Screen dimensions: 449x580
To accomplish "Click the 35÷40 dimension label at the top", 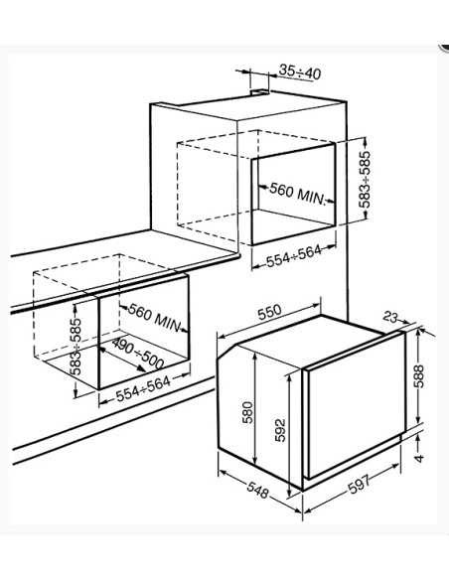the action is click(300, 72).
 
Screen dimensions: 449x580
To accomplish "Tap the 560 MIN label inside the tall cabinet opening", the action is click(297, 193).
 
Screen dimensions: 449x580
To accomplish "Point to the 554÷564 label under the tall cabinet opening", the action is click(294, 256).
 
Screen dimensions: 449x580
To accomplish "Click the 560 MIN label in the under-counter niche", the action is click(155, 318).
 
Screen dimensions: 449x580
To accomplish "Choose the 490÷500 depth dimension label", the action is click(138, 354).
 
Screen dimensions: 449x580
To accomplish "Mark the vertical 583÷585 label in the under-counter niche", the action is click(75, 346).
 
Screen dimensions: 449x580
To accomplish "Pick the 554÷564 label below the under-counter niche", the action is click(143, 388).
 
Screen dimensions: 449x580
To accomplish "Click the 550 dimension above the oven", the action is click(269, 313).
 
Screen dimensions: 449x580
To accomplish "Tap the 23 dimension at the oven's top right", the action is click(390, 317).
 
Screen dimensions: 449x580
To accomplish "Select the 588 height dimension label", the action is click(418, 376).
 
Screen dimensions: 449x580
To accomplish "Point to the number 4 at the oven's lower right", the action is click(418, 458).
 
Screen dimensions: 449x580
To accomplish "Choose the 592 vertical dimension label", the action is click(280, 430).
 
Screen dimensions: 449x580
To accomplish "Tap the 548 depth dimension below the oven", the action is click(258, 491).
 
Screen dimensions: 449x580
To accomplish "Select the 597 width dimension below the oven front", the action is click(359, 484).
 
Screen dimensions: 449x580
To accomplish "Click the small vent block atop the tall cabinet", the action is click(260, 91).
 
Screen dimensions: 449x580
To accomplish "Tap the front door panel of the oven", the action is click(355, 403).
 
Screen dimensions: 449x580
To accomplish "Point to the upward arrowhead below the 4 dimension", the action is click(418, 438).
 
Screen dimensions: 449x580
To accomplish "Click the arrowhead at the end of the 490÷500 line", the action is click(141, 368).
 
